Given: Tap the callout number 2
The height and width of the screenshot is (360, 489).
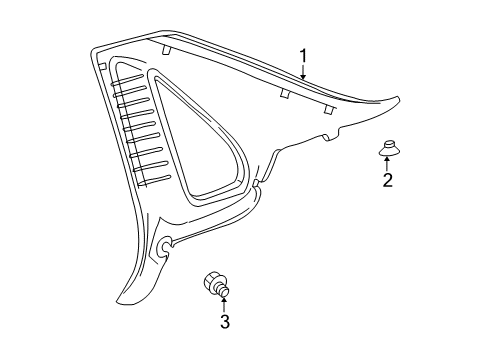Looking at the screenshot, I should [387, 180].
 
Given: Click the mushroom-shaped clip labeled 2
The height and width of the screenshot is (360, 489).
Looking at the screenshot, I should [386, 150].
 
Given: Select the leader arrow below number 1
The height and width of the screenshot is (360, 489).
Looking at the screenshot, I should [304, 72].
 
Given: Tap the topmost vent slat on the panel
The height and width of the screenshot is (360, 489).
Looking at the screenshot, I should [130, 69].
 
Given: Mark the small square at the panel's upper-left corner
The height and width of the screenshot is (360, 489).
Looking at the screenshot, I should [101, 64].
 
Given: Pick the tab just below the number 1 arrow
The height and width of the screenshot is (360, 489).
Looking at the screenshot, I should [286, 93].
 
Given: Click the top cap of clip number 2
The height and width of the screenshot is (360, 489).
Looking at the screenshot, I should [386, 145].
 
